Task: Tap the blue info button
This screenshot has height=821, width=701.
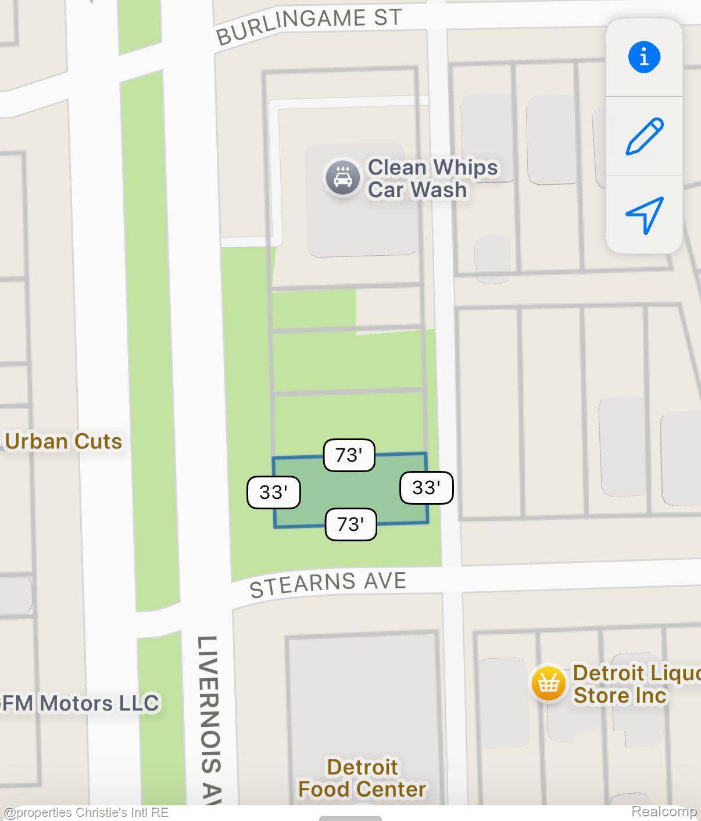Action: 643,57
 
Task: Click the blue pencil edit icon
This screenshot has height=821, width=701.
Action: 644,136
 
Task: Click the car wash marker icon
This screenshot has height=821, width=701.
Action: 342,178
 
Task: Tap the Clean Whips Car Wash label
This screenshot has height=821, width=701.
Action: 432,178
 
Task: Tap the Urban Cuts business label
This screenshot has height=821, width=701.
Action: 63,441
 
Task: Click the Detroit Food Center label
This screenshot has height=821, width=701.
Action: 362,778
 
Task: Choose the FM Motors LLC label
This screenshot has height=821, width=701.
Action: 80,703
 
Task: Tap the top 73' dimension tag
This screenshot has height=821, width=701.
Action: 349,455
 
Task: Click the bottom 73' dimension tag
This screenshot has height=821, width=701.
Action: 350,524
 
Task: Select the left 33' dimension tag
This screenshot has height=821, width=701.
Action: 273,492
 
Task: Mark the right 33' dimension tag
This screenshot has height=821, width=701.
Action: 426,487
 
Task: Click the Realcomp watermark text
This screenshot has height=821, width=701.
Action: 664,811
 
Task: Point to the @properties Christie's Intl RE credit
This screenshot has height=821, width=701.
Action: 86,812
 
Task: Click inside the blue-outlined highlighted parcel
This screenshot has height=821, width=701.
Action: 350,490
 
